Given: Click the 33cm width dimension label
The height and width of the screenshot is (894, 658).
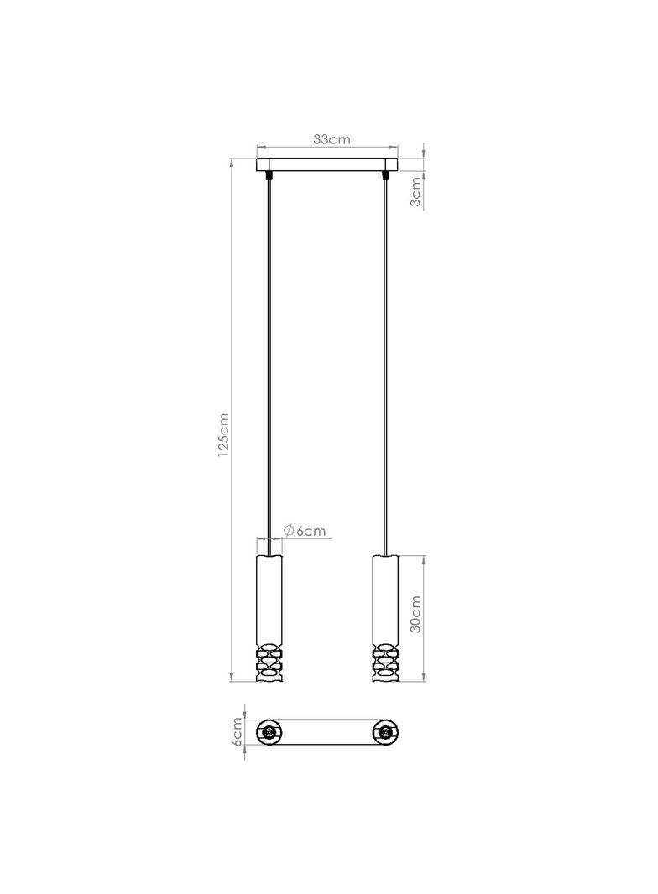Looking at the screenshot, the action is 331,139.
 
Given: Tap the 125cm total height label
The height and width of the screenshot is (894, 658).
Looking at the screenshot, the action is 223,435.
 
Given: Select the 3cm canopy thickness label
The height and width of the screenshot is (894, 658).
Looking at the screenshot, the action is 416,191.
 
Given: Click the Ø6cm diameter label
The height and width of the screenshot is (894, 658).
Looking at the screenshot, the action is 305,531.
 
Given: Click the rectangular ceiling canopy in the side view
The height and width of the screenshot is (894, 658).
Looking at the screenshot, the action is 326,164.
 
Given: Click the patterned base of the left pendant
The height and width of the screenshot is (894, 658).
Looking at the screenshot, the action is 269,663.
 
